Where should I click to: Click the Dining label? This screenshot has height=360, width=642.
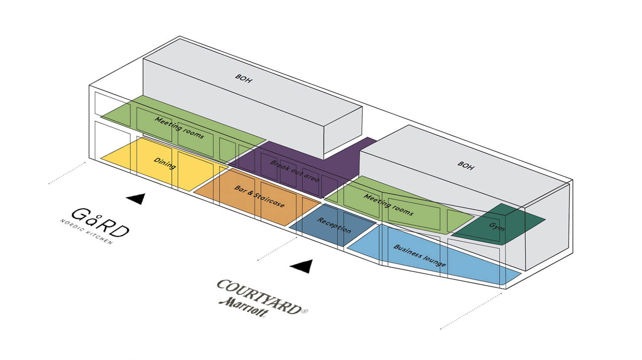[x=164, y=164]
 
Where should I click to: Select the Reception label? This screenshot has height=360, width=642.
[x=334, y=225]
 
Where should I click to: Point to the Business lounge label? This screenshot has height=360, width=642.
[x=419, y=256]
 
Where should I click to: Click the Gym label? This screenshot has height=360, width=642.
[x=497, y=226]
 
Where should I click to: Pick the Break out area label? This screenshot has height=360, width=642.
[x=295, y=171]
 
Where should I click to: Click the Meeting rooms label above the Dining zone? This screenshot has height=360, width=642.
[x=179, y=128]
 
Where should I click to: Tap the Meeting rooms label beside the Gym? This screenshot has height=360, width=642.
[x=388, y=205]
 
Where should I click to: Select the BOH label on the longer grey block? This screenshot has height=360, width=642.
[x=243, y=79]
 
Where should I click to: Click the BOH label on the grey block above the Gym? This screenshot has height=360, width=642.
[x=466, y=165]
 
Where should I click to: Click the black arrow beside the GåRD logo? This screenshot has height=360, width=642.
[x=136, y=198]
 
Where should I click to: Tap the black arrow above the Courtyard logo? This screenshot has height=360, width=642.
[x=302, y=266]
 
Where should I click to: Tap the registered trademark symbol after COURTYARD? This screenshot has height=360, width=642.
[x=305, y=311]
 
